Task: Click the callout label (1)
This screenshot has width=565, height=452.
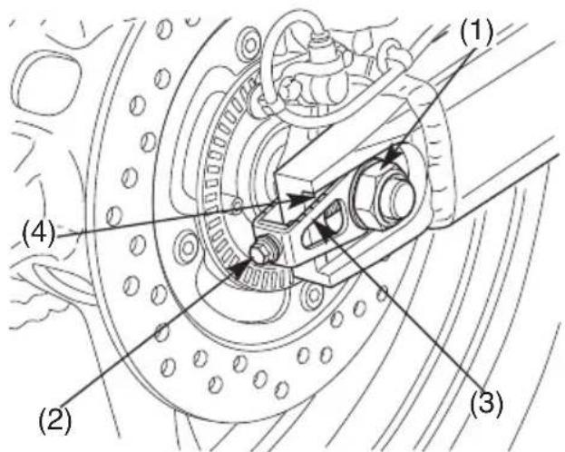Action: tap(475, 32)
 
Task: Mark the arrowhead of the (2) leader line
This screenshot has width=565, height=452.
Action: tap(240, 268)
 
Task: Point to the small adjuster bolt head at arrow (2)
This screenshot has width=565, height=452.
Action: tap(263, 250)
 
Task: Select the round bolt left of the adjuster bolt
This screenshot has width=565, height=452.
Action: tap(188, 248)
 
